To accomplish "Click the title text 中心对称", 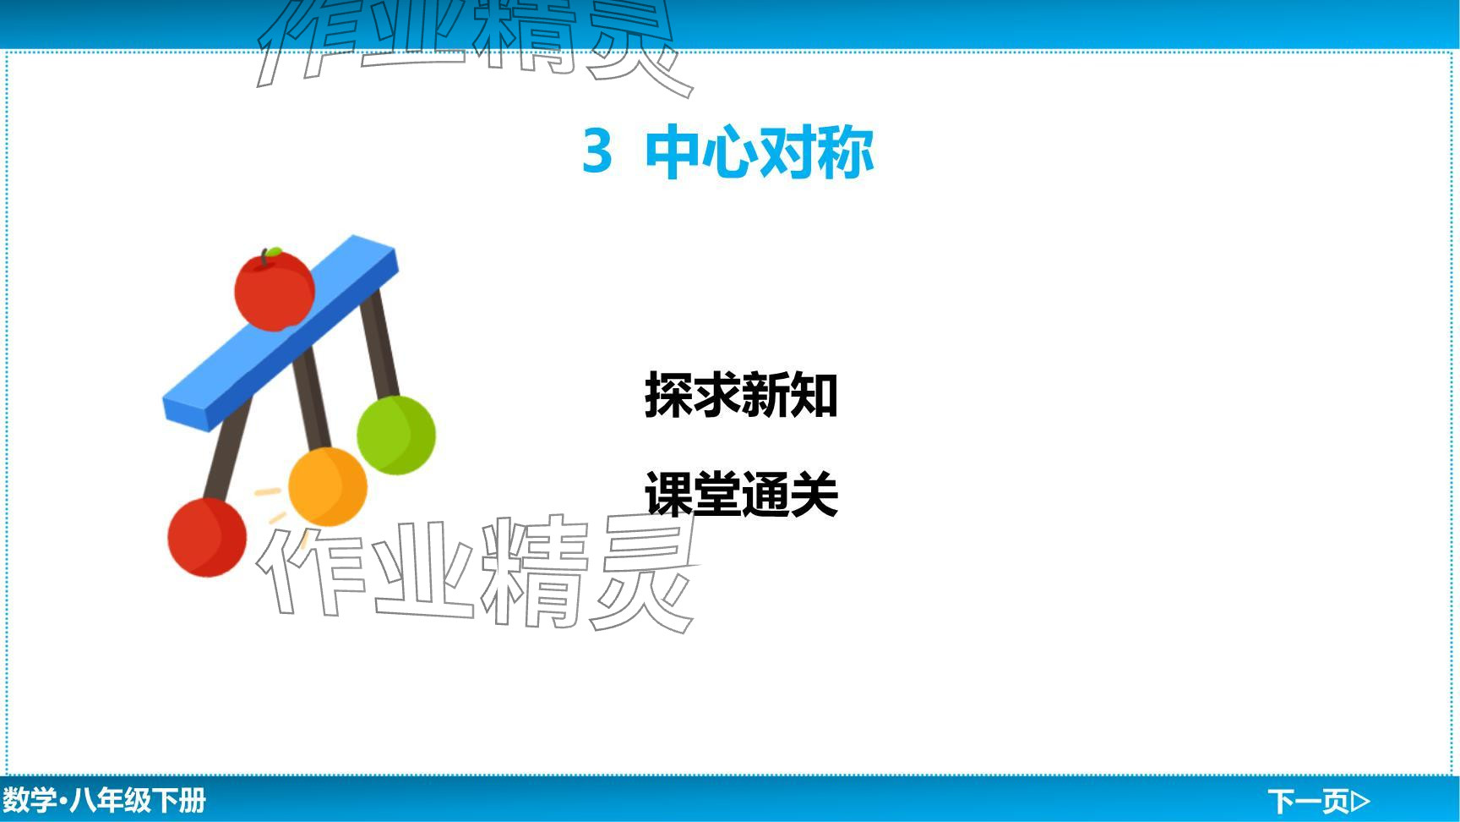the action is pos(759,152).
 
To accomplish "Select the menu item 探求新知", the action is pos(741,394).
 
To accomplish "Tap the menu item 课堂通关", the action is pos(741,494).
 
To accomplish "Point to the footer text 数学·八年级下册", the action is pos(104,800).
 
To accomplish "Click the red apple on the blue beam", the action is pos(275,290).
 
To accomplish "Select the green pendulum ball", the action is pos(396,435).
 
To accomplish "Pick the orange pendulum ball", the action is pos(328,487).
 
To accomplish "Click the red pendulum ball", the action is pos(207,537).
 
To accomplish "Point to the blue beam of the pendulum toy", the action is pos(280,333).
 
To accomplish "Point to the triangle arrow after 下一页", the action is pos(1361,800).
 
